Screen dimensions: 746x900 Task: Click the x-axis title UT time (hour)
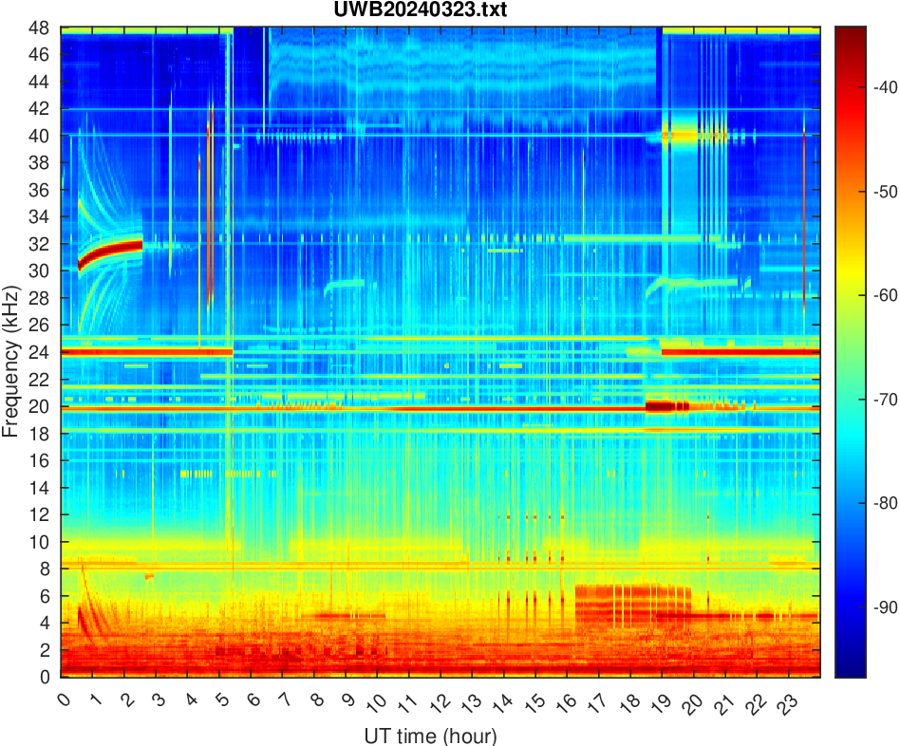click(x=430, y=736)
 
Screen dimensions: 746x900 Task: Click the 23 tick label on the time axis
click(x=786, y=702)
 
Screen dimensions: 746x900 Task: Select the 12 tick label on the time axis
click(x=440, y=702)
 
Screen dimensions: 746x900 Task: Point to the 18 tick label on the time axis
click(x=628, y=702)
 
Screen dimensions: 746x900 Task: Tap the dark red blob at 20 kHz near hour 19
click(x=660, y=407)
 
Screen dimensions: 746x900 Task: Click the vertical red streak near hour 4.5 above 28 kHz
click(x=210, y=199)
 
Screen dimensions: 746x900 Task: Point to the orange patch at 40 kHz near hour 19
click(x=680, y=136)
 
